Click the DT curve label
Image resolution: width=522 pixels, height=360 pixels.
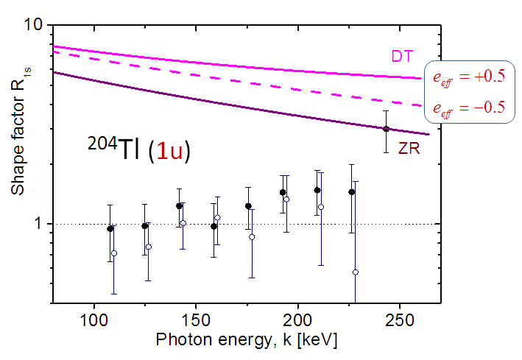pyautogui.click(x=402, y=55)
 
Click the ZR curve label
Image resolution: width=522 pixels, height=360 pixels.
pyautogui.click(x=409, y=149)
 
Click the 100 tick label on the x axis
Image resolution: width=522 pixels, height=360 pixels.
pyautogui.click(x=94, y=322)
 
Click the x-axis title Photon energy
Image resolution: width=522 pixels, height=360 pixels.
pyautogui.click(x=247, y=342)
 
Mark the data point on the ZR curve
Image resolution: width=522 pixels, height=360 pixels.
pyautogui.click(x=386, y=129)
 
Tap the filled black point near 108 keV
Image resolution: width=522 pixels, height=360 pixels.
pyautogui.click(x=110, y=228)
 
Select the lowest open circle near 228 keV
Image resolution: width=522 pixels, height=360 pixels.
pyautogui.click(x=356, y=272)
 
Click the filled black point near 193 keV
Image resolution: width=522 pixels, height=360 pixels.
pyautogui.click(x=283, y=193)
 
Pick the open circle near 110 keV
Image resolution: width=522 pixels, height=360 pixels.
pyautogui.click(x=114, y=253)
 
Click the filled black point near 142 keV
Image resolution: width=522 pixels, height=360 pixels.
pyautogui.click(x=179, y=206)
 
